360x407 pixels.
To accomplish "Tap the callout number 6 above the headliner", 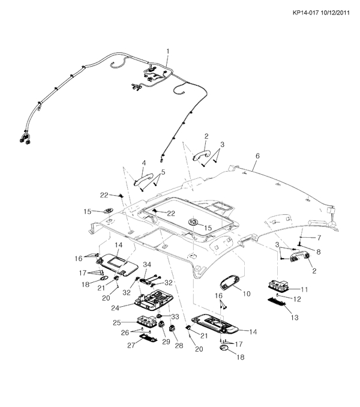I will [257, 155].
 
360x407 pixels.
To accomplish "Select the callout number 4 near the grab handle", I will [144, 163].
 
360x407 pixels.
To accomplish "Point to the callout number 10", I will [246, 294].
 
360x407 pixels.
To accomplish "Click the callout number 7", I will [311, 238].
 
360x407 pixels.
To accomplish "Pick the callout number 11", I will [304, 289].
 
